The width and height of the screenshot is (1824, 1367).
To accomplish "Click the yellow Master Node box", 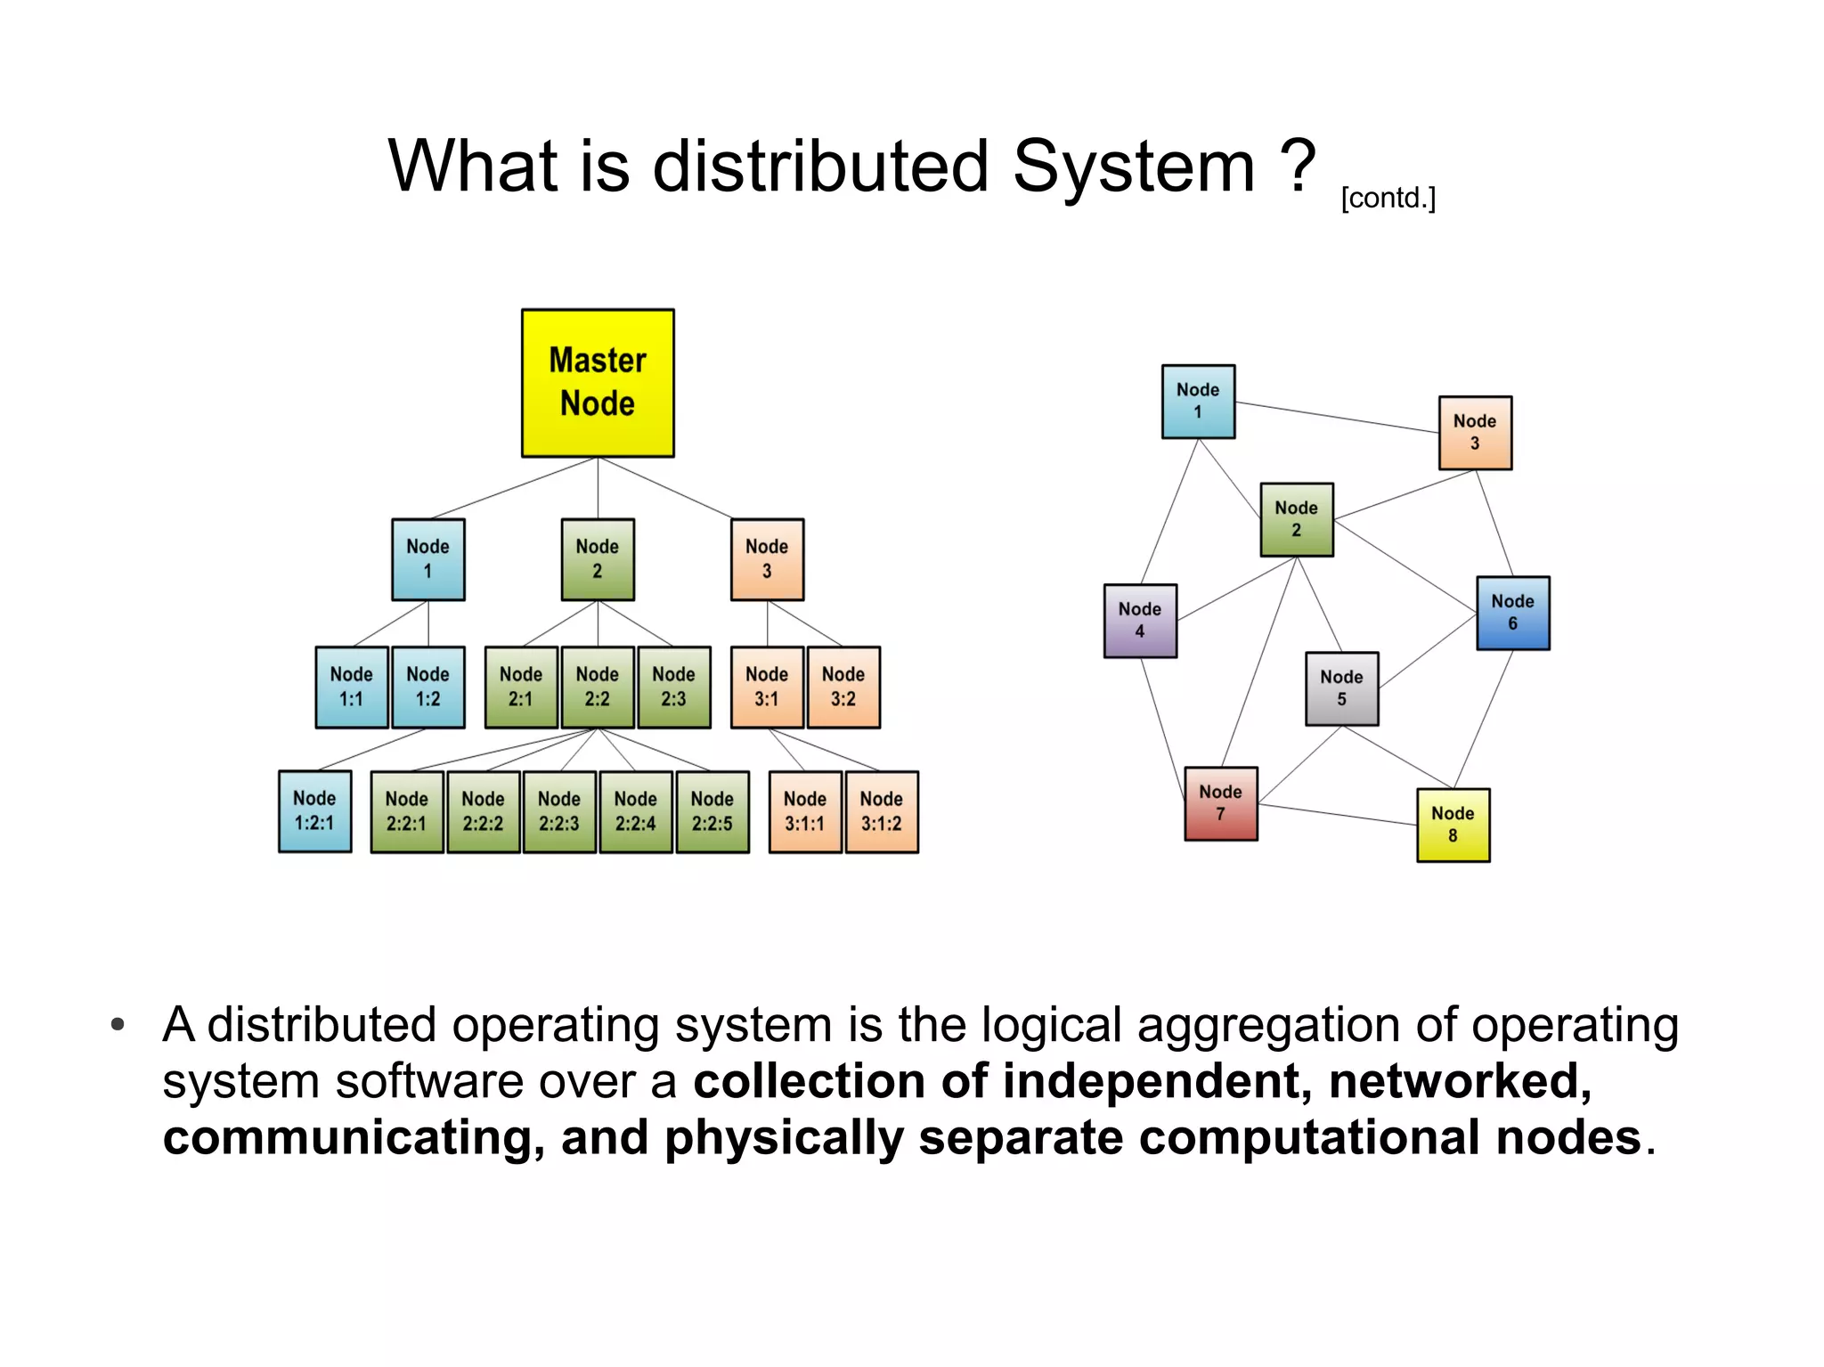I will coord(598,383).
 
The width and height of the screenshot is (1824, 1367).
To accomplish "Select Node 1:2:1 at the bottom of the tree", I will coord(314,811).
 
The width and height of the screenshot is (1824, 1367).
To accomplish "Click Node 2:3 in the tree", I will coord(674,687).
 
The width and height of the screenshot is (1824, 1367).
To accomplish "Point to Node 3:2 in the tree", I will coord(843,687).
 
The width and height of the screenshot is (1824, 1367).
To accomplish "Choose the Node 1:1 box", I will coord(352,687).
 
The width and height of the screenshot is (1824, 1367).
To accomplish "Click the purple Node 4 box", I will coord(1140,621).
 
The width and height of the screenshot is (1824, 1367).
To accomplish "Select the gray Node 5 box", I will coord(1342,688).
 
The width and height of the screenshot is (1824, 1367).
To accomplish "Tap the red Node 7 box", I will coord(1221,803).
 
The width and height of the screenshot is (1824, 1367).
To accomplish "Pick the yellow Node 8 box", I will coord(1453,825).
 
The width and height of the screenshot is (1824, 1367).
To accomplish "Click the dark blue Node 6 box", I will coord(1513,613).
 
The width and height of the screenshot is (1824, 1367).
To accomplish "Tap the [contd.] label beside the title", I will coord(1388,198).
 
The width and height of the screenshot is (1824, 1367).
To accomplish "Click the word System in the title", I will coord(1134,167).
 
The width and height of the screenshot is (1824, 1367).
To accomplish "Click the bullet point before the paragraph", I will coord(118,1025).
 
